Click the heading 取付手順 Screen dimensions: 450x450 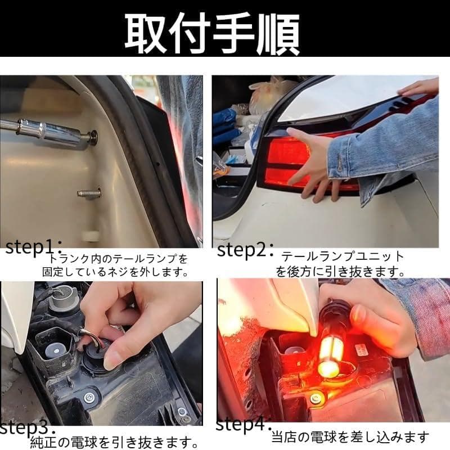(213, 34)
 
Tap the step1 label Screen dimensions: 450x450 (34, 247)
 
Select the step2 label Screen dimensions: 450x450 (245, 249)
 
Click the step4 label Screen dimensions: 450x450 (244, 424)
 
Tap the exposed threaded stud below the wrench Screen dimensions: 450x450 (89, 193)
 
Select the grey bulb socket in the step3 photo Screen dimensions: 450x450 (62, 300)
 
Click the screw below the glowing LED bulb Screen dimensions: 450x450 (316, 398)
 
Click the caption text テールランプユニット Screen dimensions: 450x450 (343, 256)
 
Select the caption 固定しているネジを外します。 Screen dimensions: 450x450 (115, 272)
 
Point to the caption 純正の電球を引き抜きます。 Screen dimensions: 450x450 (114, 442)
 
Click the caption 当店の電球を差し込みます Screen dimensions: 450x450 (350, 437)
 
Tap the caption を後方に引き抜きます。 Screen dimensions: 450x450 (340, 272)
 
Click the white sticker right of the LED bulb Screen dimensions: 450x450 (361, 350)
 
